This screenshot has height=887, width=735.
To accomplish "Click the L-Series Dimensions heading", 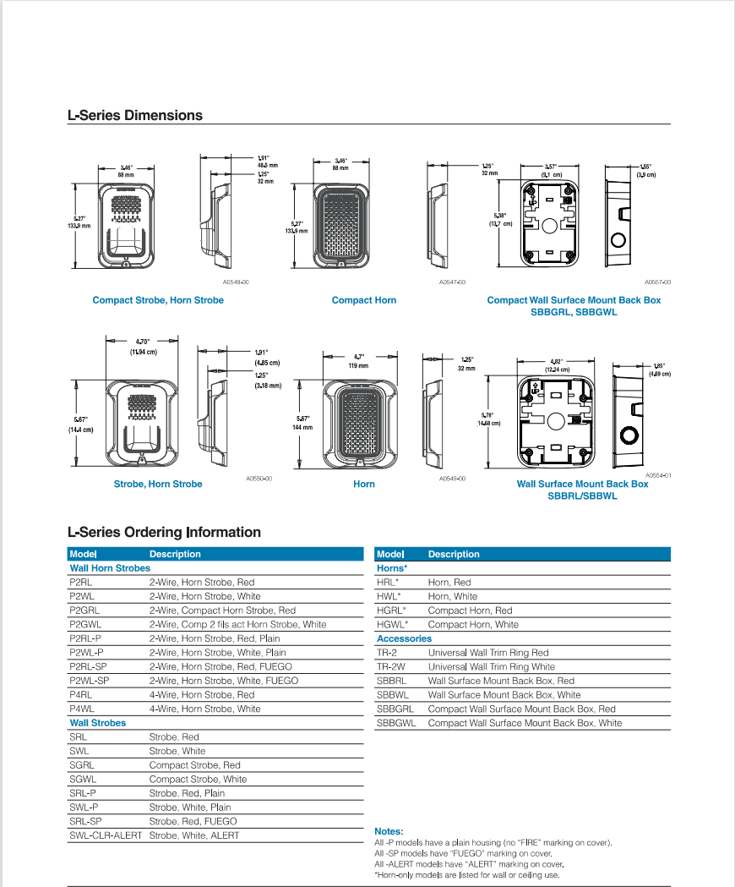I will click(x=135, y=115).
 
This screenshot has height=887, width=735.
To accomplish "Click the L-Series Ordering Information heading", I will click(x=164, y=532).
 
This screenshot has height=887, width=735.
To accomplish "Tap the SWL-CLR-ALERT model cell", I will click(x=106, y=835).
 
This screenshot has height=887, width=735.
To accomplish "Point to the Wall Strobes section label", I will click(x=98, y=723).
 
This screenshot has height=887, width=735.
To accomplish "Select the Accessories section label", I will click(x=404, y=638).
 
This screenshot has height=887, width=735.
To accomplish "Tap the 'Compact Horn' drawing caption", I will click(x=364, y=300).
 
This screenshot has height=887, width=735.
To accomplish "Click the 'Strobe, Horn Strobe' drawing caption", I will click(x=158, y=484).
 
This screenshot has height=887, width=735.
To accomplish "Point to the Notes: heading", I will click(x=389, y=831).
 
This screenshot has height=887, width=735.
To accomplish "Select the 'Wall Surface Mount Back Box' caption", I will click(x=582, y=484).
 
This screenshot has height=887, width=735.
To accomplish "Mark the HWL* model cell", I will click(x=389, y=596).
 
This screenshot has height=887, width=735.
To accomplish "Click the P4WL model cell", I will click(x=82, y=709).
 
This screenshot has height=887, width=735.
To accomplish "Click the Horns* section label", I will click(x=392, y=568).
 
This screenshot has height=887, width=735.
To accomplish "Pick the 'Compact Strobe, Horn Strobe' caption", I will click(x=158, y=300).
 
